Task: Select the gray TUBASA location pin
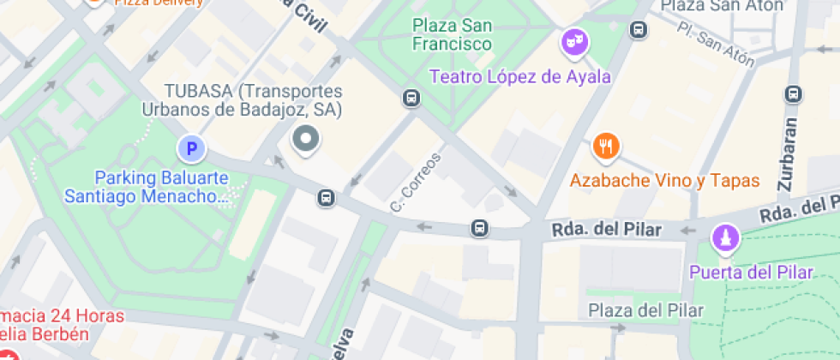[x=305, y=139]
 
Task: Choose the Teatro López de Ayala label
[x=519, y=77]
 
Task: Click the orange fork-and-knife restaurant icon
[x=606, y=147]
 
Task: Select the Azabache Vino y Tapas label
[x=665, y=181]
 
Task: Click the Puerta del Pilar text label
[x=752, y=273]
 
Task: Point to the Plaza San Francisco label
[x=452, y=34]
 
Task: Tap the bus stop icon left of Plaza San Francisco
[x=412, y=99]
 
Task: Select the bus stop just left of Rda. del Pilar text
[x=480, y=229]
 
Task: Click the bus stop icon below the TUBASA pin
[x=326, y=199]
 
